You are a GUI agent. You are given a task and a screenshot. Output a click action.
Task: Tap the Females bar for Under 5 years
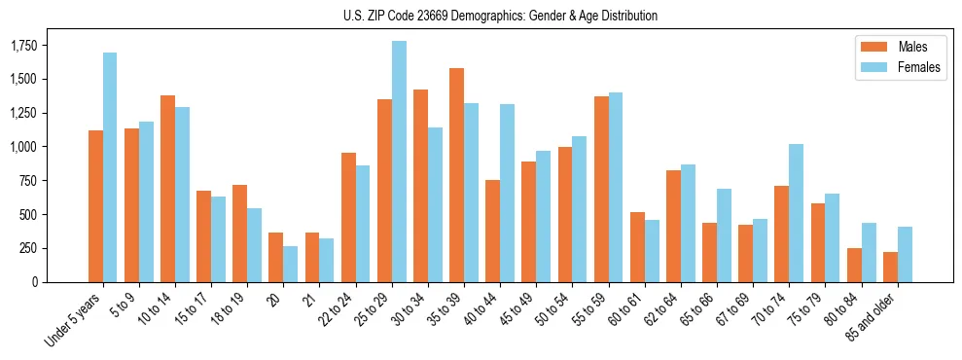[110, 167]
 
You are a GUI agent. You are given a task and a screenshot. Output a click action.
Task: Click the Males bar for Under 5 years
[95, 206]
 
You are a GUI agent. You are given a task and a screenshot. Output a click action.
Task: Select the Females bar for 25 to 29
[399, 162]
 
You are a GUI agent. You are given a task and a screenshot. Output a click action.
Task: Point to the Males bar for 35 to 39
[456, 175]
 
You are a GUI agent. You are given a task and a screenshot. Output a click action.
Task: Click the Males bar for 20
[276, 257]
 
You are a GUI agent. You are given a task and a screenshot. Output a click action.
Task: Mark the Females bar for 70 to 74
[796, 213]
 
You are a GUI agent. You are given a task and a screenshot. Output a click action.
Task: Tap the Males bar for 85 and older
[889, 267]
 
